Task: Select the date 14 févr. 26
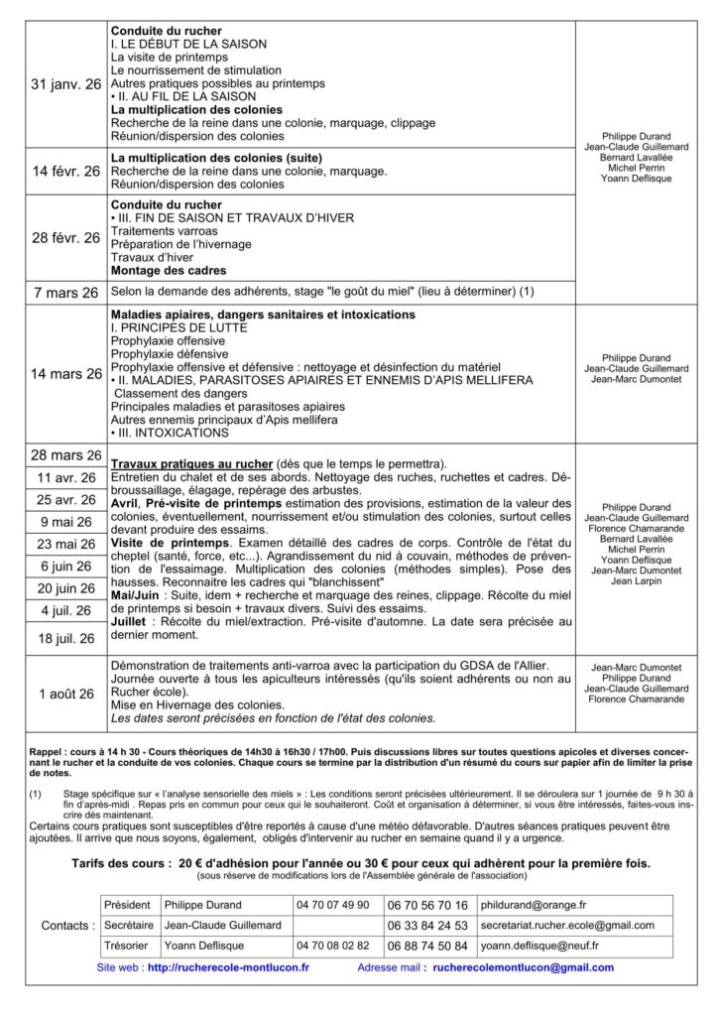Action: click(x=66, y=171)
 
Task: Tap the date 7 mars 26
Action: click(x=66, y=293)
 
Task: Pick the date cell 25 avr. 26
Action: click(x=66, y=499)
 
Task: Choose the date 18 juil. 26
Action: click(x=66, y=638)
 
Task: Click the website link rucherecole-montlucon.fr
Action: click(x=227, y=967)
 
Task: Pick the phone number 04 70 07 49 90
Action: click(x=332, y=905)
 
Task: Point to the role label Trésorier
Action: click(x=127, y=946)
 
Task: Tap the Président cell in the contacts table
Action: click(x=128, y=905)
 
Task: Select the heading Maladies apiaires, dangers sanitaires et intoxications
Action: click(x=263, y=315)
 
